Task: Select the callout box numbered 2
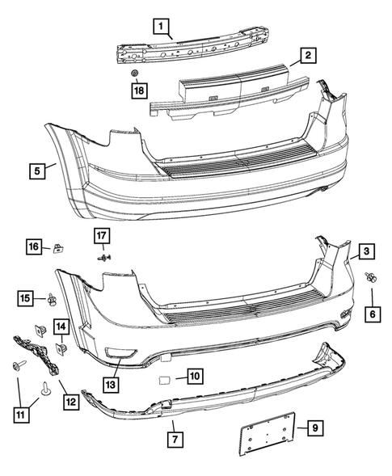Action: pos(307,56)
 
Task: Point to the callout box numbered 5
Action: pos(37,171)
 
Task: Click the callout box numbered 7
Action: pos(173,439)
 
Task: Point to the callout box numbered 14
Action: pos(62,326)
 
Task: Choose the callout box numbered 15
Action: pos(27,299)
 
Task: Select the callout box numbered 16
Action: pos(34,245)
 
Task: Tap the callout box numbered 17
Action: pos(103,236)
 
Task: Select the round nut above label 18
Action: pos(137,74)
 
